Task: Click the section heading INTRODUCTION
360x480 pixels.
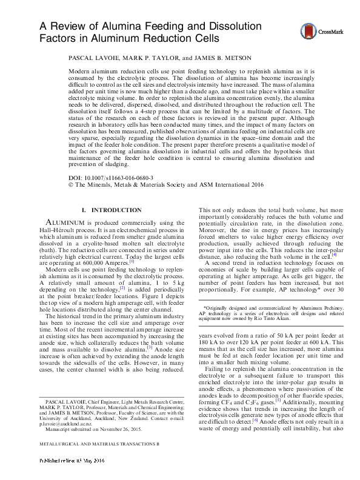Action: coord(115,210)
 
